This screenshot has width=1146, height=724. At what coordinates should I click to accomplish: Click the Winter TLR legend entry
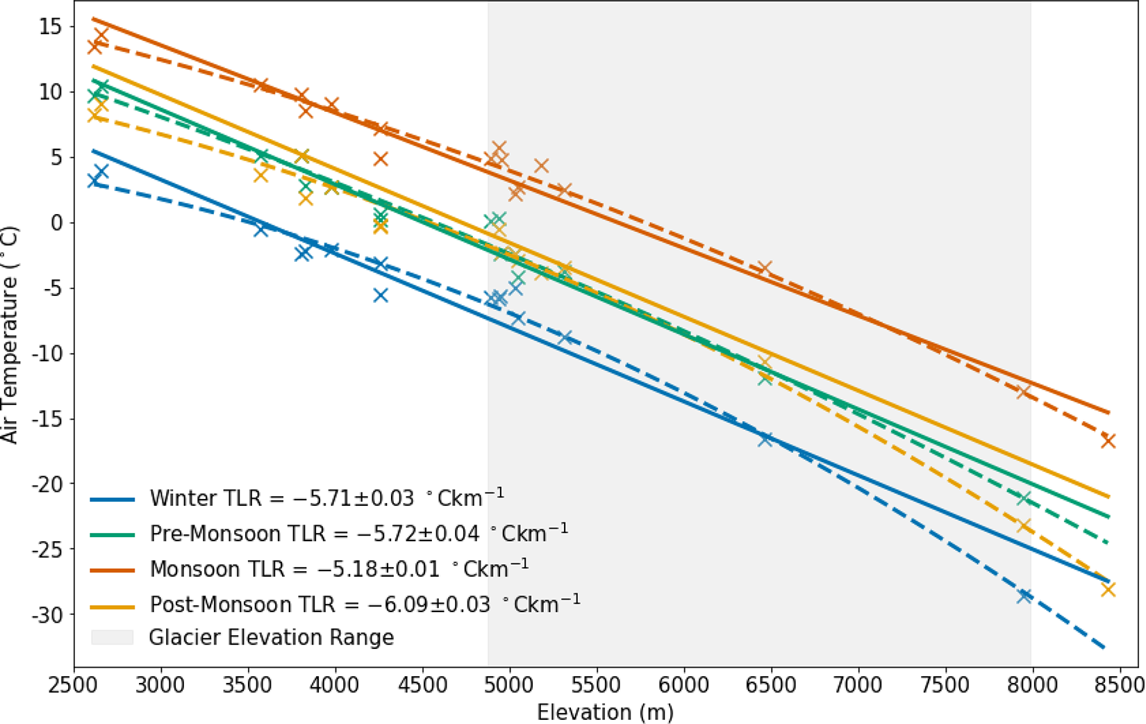click(327, 497)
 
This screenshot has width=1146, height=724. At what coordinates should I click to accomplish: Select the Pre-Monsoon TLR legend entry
click(359, 533)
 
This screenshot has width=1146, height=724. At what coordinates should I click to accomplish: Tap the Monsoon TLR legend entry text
click(339, 568)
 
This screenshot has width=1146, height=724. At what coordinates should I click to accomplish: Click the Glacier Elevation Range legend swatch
click(112, 637)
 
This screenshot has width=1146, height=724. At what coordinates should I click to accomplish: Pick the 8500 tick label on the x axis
click(1119, 684)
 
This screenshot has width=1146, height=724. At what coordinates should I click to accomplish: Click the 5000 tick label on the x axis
click(510, 684)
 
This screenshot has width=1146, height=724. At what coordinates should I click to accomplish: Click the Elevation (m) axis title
click(605, 711)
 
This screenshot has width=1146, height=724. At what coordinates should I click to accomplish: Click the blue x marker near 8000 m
click(1024, 595)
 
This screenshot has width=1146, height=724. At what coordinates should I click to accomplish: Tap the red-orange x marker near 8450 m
click(1108, 441)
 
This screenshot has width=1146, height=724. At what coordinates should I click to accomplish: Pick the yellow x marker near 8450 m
click(1108, 589)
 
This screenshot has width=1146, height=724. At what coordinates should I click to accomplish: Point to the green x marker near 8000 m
click(1024, 497)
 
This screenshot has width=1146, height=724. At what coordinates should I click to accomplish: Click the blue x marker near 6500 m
click(765, 439)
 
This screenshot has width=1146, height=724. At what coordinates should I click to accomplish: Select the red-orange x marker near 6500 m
click(764, 268)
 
